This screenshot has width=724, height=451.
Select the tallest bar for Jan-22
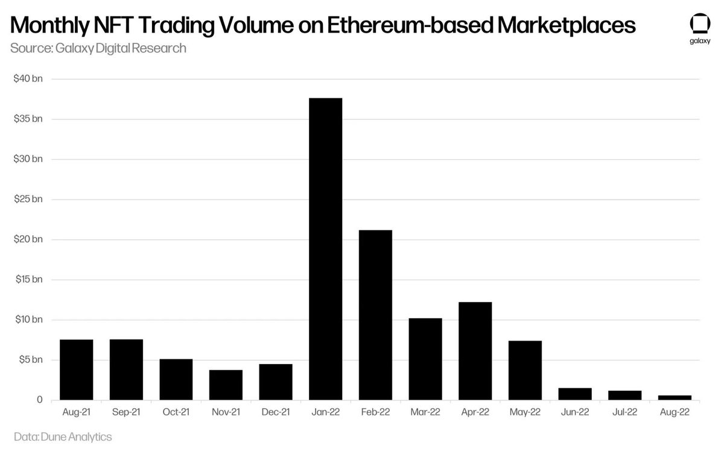[325, 249]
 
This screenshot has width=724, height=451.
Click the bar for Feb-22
[375, 315]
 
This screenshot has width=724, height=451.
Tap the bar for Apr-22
[475, 351]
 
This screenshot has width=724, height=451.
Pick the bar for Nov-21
[226, 385]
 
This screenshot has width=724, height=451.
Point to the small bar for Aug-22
[675, 398]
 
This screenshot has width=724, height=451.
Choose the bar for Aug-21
[77, 370]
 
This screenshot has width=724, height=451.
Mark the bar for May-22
[525, 370]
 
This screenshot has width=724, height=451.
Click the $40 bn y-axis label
[28, 79]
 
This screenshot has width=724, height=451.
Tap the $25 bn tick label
[28, 200]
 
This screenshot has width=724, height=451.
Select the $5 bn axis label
[30, 360]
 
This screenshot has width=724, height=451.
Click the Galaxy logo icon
[699, 26]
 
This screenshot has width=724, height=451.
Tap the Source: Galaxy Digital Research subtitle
[98, 48]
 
